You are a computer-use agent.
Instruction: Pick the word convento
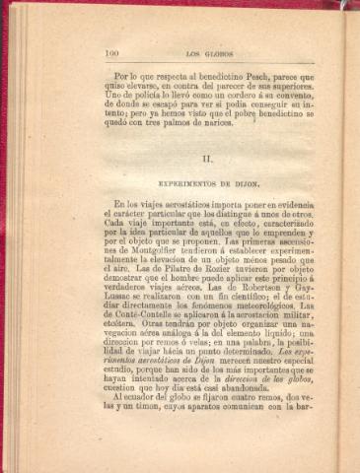tap(293, 97)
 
